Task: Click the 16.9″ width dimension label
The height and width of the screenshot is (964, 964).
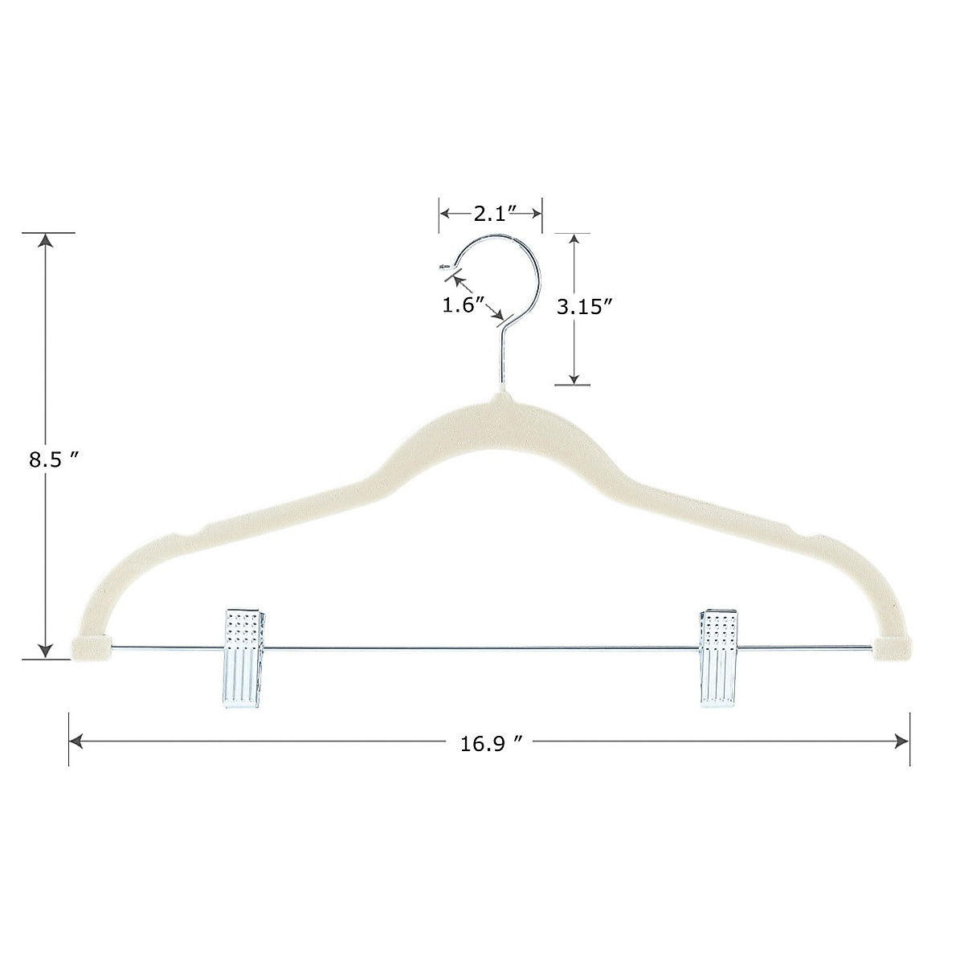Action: tap(487, 744)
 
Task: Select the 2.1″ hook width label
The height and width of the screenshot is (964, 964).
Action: tap(491, 214)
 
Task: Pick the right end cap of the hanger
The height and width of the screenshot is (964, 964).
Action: tap(892, 645)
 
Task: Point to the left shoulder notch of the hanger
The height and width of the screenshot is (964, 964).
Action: tap(190, 531)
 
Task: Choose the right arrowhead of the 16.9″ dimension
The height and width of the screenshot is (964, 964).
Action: tap(903, 740)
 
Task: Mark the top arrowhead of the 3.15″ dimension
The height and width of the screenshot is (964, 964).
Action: tap(574, 239)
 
